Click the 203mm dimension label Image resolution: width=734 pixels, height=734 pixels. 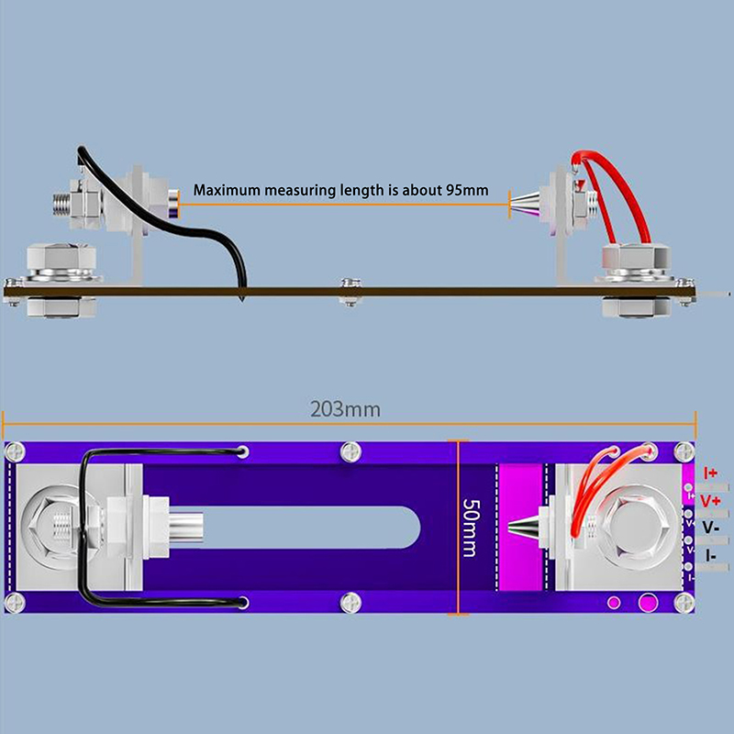click(344, 409)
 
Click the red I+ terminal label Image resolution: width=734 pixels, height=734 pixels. click(710, 473)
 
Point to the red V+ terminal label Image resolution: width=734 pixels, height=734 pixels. click(710, 501)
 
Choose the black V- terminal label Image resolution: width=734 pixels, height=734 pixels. click(710, 528)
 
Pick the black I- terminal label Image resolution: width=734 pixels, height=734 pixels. click(711, 555)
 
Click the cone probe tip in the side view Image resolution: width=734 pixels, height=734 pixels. click(526, 200)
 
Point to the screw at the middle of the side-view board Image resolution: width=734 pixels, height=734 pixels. click(349, 291)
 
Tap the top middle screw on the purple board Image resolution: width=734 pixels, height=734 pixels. click(349, 451)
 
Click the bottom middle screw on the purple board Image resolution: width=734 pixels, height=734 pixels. click(349, 602)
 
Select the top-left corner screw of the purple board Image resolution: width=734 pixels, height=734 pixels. click(14, 451)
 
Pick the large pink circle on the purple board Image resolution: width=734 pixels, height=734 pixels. click(646, 602)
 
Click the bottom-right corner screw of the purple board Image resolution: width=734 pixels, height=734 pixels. click(684, 602)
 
